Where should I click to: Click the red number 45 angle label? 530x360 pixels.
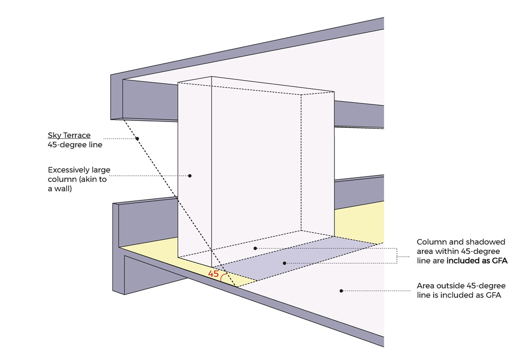[x=213, y=274]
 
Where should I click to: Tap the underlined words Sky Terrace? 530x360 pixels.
[x=69, y=135]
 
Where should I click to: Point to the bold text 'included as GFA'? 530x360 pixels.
[x=474, y=260]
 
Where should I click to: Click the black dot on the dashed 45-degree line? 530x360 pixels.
[x=137, y=139]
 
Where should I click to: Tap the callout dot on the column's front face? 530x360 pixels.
[x=190, y=175]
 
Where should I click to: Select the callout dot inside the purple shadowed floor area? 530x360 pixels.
[x=284, y=263]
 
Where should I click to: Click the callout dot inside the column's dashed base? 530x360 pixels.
[x=255, y=248]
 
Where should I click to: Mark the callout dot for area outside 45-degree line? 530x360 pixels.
[x=341, y=290]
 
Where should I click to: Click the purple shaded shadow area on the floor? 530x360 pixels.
[x=307, y=257]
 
